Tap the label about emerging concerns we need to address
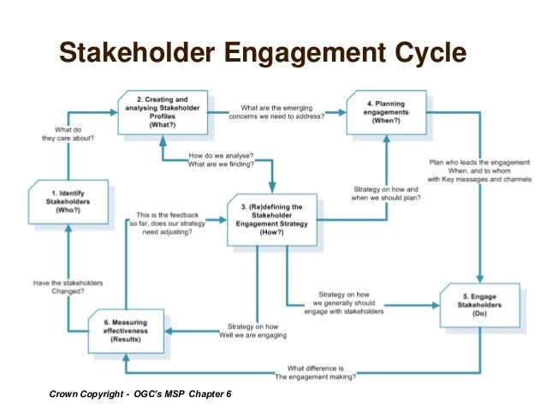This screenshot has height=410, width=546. click(x=282, y=111)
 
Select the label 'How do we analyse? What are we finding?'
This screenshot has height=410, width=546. click(x=220, y=161)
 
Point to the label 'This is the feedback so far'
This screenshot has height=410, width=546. click(x=175, y=223)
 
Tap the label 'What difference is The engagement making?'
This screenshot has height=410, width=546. click(x=317, y=371)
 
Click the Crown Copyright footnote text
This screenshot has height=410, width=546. click(x=139, y=395)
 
